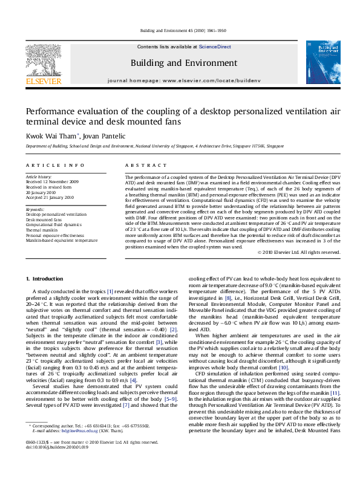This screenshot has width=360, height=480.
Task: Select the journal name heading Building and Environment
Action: coord(180,62)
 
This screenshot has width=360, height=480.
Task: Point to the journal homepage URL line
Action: coord(180,80)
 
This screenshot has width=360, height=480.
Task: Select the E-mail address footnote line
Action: coord(85,448)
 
